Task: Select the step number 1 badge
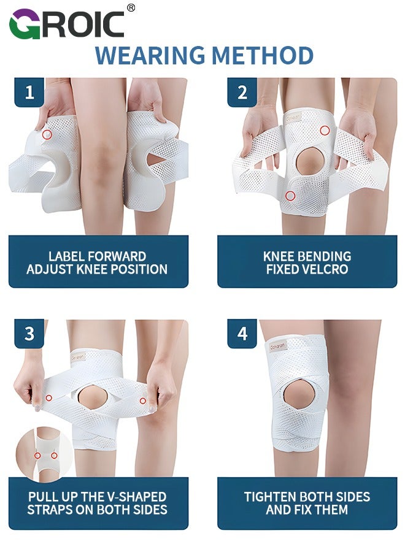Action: (29, 93)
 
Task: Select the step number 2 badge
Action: (242, 93)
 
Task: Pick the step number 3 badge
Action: (29, 334)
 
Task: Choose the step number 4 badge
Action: (242, 334)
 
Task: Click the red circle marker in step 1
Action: (47, 134)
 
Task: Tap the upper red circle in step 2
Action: (324, 131)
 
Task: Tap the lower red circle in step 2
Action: (291, 196)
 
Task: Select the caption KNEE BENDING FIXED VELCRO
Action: (307, 263)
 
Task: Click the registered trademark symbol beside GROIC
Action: (131, 7)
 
